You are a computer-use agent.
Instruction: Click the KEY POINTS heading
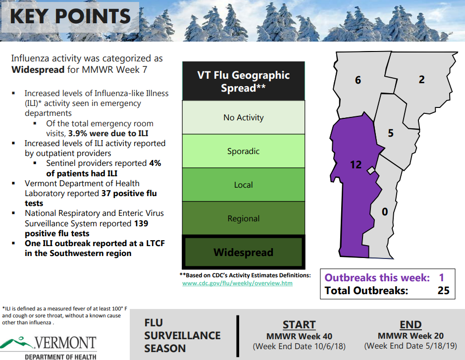[70, 16]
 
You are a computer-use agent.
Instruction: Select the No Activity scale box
[244, 117]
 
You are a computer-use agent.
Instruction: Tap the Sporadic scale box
[244, 151]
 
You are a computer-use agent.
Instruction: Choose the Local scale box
[244, 185]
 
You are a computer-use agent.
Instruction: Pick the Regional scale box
[244, 218]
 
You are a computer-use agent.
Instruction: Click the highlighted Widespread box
[244, 252]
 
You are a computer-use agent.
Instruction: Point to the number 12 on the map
[356, 164]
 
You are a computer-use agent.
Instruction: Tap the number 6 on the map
[358, 80]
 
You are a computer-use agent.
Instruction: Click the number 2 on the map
[422, 79]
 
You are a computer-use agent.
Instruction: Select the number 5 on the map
[391, 133]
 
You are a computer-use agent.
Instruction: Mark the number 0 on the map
[385, 211]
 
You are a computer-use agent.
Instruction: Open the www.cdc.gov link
[237, 283]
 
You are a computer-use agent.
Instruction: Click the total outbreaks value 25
[444, 290]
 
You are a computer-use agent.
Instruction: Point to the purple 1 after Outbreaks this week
[442, 278]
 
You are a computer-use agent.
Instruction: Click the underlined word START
[299, 325]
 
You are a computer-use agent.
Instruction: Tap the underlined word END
[411, 325]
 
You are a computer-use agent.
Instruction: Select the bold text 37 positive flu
[129, 193]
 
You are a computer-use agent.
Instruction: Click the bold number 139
[141, 223]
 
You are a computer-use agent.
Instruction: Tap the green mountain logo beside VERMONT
[16, 342]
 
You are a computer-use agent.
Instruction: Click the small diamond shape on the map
[371, 170]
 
